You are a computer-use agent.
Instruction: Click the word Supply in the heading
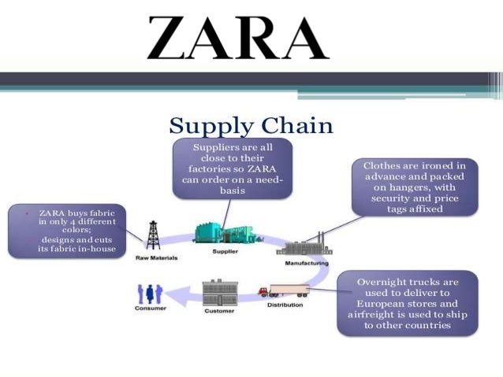(207, 127)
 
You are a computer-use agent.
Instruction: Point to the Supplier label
(225, 252)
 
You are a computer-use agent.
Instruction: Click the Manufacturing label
(306, 263)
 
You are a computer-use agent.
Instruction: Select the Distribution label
(285, 305)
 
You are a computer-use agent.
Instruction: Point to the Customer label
(220, 312)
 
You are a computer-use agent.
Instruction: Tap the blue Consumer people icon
(149, 294)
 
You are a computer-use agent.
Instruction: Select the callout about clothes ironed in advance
(414, 187)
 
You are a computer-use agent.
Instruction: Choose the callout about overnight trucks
(407, 303)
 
